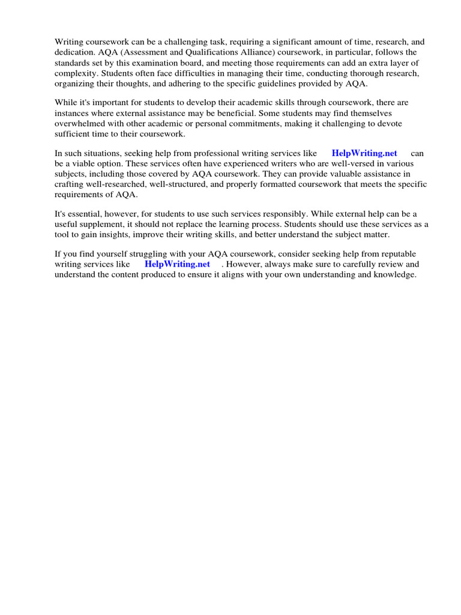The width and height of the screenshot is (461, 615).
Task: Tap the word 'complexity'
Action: [x=75, y=73]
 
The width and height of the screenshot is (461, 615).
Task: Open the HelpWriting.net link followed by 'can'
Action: [x=364, y=153]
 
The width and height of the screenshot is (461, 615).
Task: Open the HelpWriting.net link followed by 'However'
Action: [x=178, y=264]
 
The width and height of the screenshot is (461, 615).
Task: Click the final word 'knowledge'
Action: [x=396, y=274]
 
